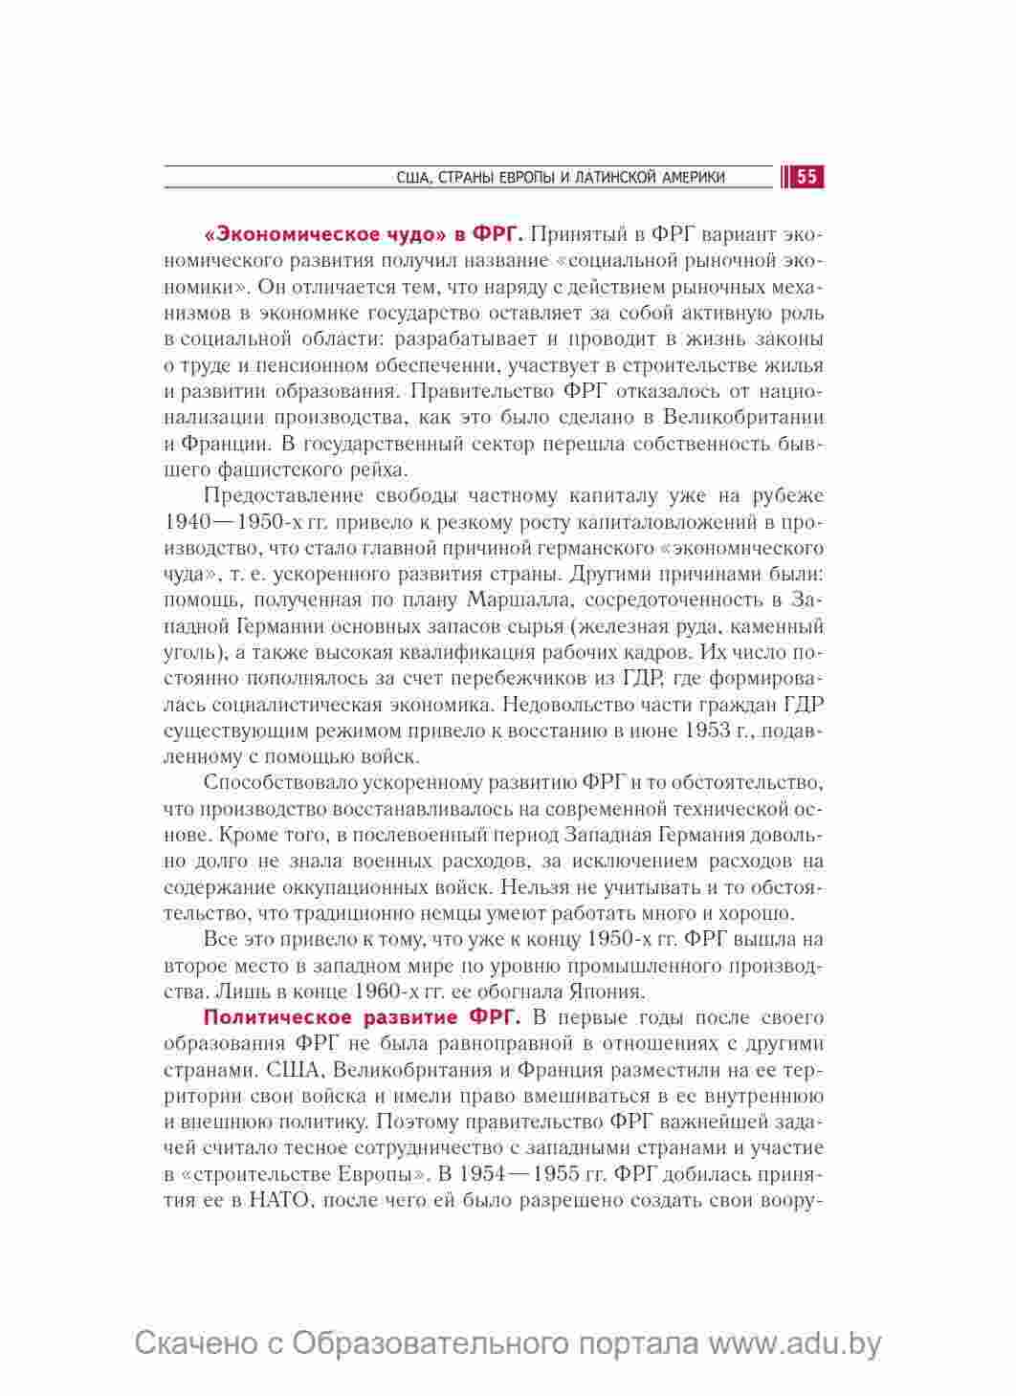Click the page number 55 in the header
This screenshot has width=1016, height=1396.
[806, 177]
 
